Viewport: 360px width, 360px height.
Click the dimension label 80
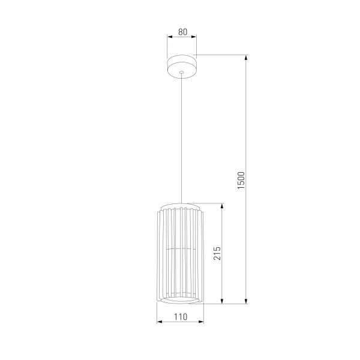click(182, 32)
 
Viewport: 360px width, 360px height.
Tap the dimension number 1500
click(241, 180)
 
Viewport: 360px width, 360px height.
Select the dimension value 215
click(217, 253)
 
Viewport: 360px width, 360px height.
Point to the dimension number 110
click(181, 317)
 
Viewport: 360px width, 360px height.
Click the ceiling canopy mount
click(182, 67)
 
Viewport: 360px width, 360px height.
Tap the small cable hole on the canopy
click(182, 72)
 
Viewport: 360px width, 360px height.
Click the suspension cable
click(182, 139)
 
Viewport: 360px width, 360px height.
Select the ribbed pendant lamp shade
click(180, 253)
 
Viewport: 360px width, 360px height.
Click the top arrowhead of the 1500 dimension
click(247, 58)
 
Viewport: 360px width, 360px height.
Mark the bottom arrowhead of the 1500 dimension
click(247, 301)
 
